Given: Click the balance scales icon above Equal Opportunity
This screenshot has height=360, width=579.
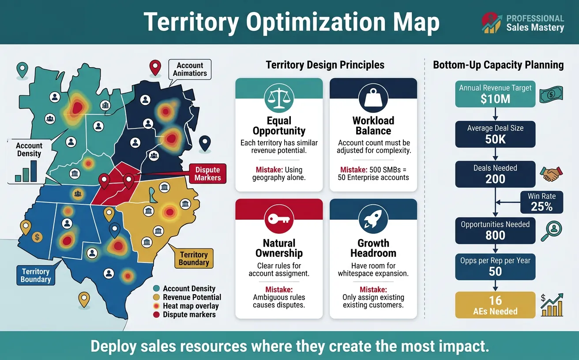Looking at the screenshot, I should pos(278,98).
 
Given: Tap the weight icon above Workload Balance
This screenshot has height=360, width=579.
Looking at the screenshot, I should pos(373,98).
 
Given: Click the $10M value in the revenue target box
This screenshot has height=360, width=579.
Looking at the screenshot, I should pos(495,99).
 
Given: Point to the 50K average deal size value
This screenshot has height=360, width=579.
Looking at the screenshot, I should pos(495,139).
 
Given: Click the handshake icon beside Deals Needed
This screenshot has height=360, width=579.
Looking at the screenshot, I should pos(550,173).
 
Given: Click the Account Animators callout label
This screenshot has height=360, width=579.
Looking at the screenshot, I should pos(190,69).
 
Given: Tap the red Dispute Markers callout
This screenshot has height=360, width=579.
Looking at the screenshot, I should pos(207,174).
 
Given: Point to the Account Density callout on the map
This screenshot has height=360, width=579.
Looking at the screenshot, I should pos(29,150).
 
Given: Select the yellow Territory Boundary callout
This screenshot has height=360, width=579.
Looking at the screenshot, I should pos(194,259).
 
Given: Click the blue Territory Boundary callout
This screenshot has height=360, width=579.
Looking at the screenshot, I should pos(36,275).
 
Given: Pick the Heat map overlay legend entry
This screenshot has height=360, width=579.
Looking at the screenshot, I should pos(190,306).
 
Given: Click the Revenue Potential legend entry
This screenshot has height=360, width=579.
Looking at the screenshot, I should pos(192,297).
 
